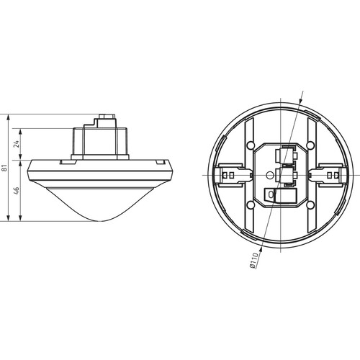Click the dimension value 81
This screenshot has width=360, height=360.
click(x=4, y=167)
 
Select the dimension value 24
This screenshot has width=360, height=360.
click(x=16, y=144)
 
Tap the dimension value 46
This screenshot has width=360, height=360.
click(x=17, y=190)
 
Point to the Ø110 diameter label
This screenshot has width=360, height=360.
click(x=253, y=261)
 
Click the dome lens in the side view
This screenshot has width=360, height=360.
click(x=99, y=204)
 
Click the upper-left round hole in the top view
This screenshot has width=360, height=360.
click(x=251, y=145)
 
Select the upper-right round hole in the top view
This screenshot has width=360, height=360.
click(x=310, y=145)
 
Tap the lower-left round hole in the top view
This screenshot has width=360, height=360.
click(x=251, y=204)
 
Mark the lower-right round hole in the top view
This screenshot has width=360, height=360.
click(x=310, y=204)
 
